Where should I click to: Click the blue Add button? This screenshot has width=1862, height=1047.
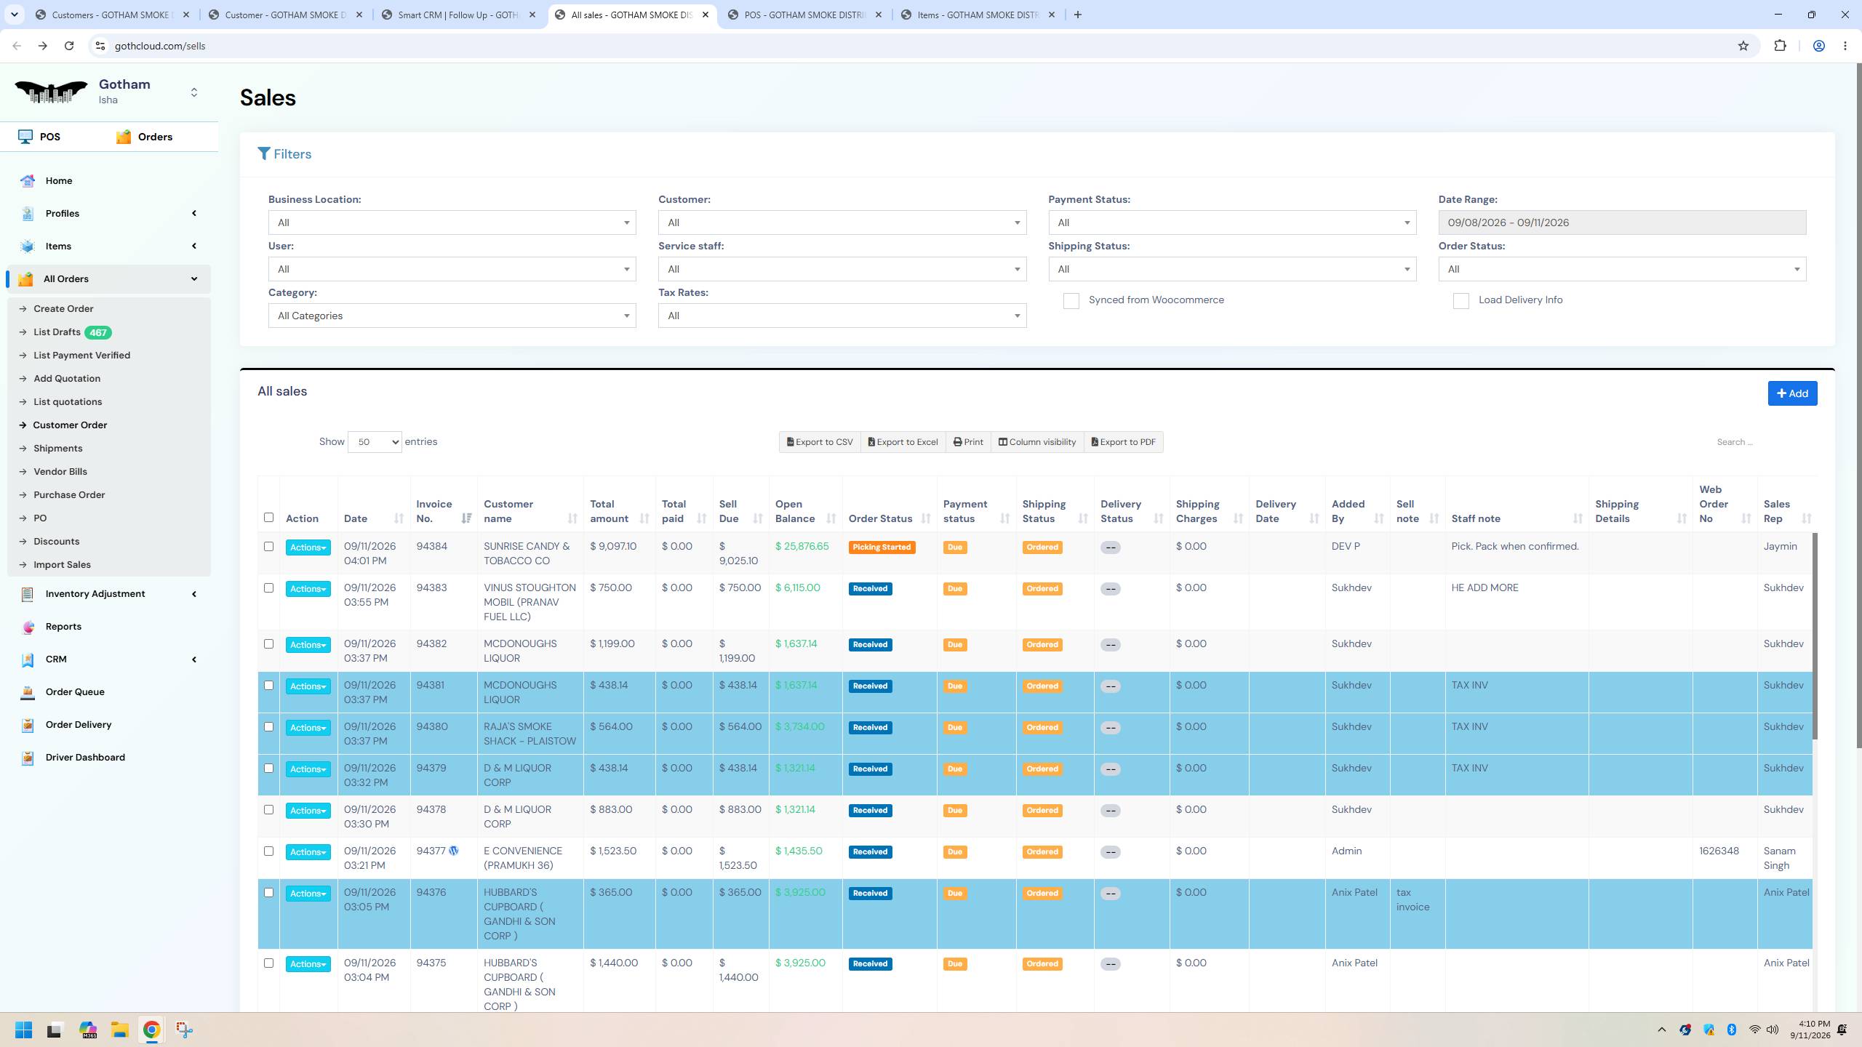click(1792, 393)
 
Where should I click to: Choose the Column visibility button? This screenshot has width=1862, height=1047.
click(1036, 442)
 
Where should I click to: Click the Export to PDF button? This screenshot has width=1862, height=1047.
click(1123, 442)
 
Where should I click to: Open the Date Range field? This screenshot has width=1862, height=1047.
click(1622, 222)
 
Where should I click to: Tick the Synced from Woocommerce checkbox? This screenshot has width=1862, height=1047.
click(1071, 301)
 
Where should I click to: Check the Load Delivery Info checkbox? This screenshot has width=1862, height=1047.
click(1461, 301)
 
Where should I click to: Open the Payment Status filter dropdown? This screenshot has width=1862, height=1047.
click(1232, 222)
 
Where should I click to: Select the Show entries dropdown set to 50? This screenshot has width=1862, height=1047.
click(375, 442)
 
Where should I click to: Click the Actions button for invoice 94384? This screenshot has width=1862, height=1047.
click(308, 547)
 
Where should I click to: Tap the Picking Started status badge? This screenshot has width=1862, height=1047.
click(882, 547)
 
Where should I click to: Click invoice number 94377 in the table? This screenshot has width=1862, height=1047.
click(431, 851)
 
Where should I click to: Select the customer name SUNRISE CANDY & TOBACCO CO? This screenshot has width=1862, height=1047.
click(527, 553)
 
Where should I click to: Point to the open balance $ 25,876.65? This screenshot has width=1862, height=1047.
click(802, 546)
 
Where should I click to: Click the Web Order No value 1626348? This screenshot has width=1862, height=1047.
click(1719, 851)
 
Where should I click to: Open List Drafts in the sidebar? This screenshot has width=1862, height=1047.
click(57, 332)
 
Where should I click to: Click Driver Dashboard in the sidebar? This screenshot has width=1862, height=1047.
click(85, 758)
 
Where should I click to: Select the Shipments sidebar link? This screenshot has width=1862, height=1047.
click(57, 449)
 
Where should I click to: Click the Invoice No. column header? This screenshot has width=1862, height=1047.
click(434, 511)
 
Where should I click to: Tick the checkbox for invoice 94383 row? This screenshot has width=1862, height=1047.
click(268, 588)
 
